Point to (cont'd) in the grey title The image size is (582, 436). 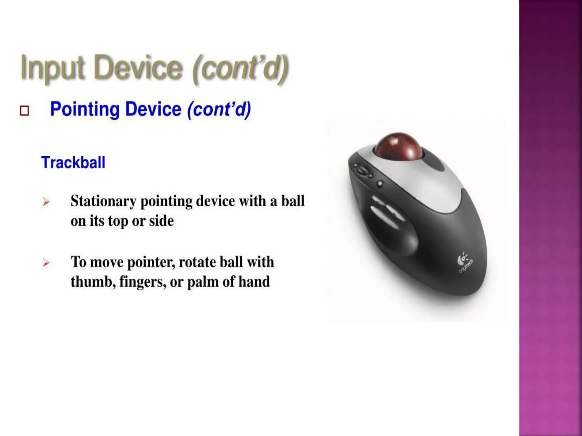click(240, 68)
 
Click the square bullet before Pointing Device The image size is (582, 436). click(24, 111)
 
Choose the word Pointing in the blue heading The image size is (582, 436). click(85, 109)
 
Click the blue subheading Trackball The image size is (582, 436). click(73, 163)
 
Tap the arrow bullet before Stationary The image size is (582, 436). click(46, 202)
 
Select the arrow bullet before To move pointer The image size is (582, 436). click(46, 263)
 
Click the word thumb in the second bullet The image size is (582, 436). click(92, 282)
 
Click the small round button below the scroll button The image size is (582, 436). click(379, 184)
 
